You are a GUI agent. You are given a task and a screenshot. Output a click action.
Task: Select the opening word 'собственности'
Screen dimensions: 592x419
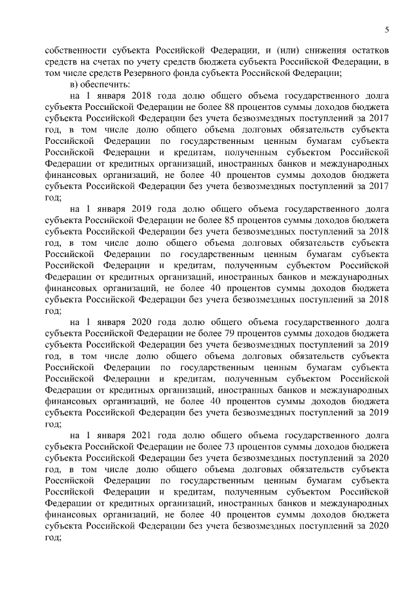72,50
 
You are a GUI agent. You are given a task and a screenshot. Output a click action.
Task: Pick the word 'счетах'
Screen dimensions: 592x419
111,61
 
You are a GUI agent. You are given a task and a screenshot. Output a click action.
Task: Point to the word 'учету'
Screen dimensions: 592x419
152,61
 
